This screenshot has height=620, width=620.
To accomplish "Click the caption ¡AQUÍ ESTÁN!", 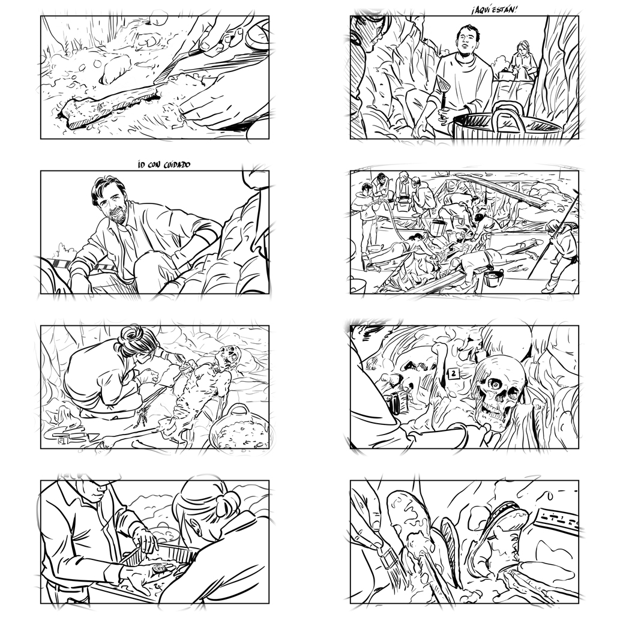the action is [494, 11].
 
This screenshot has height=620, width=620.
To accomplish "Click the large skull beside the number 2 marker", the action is [496, 390].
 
